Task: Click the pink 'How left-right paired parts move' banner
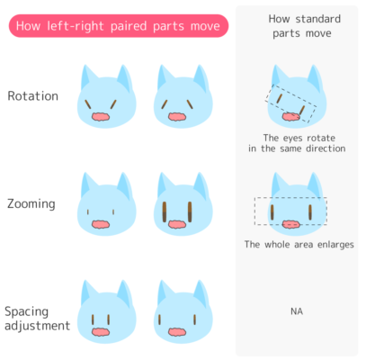(x=119, y=26)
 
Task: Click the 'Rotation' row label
(x=33, y=96)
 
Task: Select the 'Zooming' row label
(x=31, y=204)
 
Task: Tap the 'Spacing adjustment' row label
(x=37, y=319)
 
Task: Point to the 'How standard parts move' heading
(x=304, y=26)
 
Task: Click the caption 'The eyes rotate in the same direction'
(x=297, y=143)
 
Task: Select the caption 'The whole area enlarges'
(x=299, y=245)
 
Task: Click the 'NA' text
(x=297, y=311)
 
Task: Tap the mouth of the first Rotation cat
(x=101, y=117)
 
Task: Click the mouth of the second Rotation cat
(x=177, y=117)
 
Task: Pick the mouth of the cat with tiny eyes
(x=101, y=224)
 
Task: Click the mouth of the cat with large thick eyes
(x=177, y=224)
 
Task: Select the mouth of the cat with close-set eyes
(x=101, y=332)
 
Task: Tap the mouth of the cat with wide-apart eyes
(x=177, y=332)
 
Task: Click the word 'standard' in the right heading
(x=317, y=19)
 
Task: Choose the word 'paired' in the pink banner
(x=129, y=26)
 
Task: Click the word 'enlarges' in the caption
(x=335, y=245)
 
